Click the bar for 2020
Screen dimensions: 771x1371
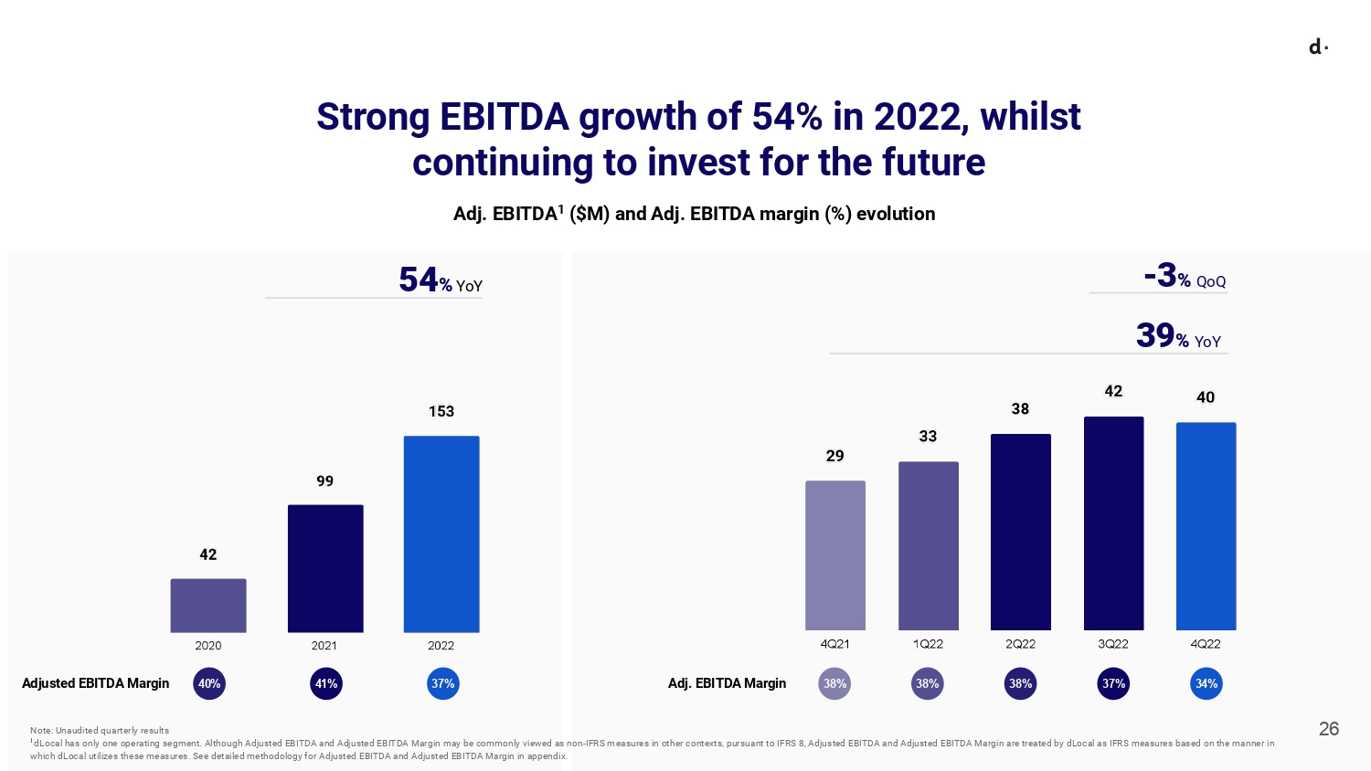click(x=208, y=605)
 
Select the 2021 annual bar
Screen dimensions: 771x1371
click(x=325, y=568)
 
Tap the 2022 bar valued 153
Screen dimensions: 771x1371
click(x=441, y=533)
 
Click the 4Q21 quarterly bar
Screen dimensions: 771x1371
click(x=835, y=555)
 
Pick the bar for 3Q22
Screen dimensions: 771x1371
click(x=1113, y=523)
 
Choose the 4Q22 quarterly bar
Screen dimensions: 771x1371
click(x=1206, y=526)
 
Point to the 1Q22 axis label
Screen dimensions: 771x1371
click(x=928, y=644)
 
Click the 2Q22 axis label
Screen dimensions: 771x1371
click(x=1020, y=644)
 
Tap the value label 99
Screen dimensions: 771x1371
click(x=324, y=481)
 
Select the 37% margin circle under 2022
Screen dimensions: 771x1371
click(x=443, y=683)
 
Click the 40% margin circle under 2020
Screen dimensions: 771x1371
click(x=209, y=683)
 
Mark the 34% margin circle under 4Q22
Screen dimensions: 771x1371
click(x=1206, y=683)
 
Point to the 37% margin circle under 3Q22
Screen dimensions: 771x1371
click(x=1113, y=683)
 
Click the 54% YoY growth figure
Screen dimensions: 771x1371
click(x=440, y=280)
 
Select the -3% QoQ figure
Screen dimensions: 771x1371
click(x=1185, y=276)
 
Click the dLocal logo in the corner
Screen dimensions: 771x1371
click(x=1318, y=48)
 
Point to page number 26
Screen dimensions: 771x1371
click(x=1329, y=729)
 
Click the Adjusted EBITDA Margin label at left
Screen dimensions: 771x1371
click(x=96, y=683)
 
